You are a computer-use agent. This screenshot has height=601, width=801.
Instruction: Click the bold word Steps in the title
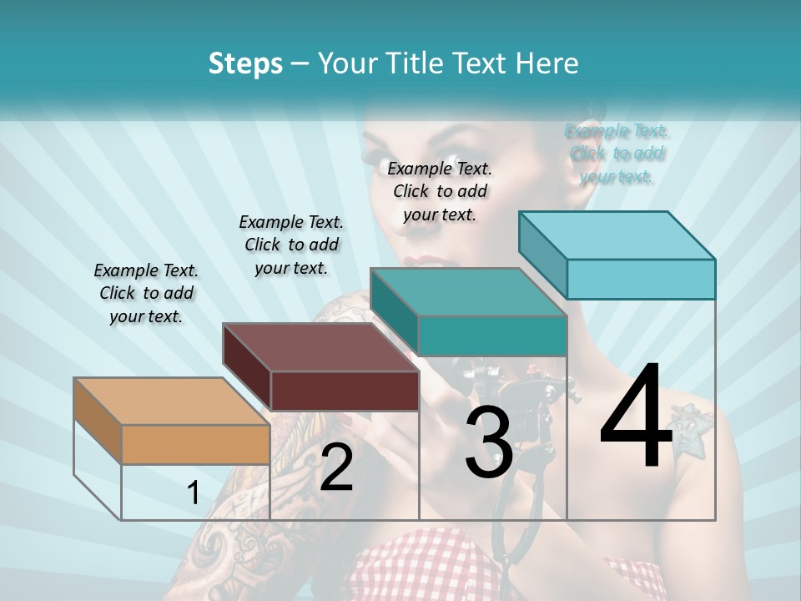click(245, 63)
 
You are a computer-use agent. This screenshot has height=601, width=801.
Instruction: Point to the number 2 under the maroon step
click(336, 468)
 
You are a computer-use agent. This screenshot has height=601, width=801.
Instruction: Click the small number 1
click(193, 493)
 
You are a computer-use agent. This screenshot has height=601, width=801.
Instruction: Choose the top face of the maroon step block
click(320, 347)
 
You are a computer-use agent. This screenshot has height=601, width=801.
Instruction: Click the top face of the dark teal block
click(468, 292)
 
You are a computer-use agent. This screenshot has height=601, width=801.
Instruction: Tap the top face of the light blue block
click(617, 235)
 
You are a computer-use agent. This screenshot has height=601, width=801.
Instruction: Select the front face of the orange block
click(195, 444)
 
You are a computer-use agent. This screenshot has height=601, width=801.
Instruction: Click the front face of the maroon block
click(345, 391)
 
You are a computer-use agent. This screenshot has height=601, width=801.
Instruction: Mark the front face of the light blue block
click(641, 279)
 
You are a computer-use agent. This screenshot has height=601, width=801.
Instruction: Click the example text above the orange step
click(146, 293)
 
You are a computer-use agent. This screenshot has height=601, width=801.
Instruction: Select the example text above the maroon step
click(291, 245)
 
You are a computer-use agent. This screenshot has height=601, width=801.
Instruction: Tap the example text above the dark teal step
click(440, 191)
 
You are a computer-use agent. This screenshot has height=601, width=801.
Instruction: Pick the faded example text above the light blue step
click(617, 153)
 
